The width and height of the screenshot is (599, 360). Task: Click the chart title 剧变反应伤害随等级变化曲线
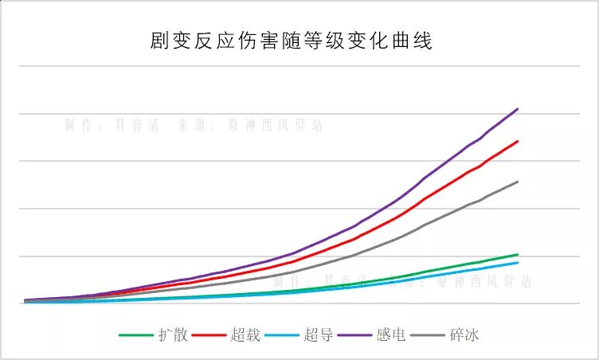tap(291, 41)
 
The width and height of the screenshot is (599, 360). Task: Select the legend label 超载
tap(245, 335)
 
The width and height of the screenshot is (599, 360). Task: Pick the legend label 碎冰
tap(463, 335)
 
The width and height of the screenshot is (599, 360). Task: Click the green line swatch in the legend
tap(137, 335)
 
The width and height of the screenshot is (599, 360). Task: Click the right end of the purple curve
tap(518, 109)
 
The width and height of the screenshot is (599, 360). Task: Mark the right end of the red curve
tap(518, 142)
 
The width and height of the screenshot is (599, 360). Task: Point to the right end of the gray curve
tap(518, 182)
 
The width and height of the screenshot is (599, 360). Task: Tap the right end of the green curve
tap(518, 254)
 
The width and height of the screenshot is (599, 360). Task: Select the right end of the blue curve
tap(518, 263)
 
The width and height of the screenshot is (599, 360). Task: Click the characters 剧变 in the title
tap(165, 41)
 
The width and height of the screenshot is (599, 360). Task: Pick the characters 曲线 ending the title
tap(416, 41)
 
